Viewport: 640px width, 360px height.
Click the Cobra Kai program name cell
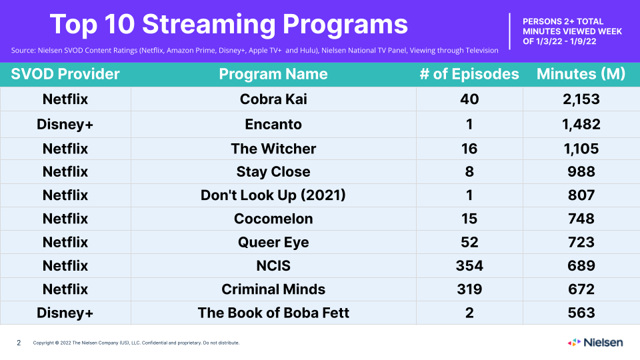273,99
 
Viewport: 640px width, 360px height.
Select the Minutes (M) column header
581,74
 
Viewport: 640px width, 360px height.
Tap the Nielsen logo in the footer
595,343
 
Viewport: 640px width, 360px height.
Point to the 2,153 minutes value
581,99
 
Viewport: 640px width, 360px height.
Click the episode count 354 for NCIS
469,266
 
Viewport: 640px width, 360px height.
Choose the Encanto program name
273,124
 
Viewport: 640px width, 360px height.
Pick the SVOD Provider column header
65,74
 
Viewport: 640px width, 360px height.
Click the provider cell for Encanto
65,124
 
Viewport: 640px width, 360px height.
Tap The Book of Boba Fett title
273,313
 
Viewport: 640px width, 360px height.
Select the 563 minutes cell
581,313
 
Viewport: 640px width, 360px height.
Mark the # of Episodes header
469,74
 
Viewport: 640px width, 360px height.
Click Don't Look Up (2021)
273,195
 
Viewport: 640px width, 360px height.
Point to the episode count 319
469,289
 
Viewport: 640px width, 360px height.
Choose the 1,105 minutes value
581,149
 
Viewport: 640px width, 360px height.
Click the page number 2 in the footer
19,343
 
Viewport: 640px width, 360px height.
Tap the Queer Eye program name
273,243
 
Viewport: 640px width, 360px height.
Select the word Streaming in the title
209,24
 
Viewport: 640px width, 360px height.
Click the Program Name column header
273,74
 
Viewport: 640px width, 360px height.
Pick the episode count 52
469,243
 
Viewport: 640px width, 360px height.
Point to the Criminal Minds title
273,289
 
